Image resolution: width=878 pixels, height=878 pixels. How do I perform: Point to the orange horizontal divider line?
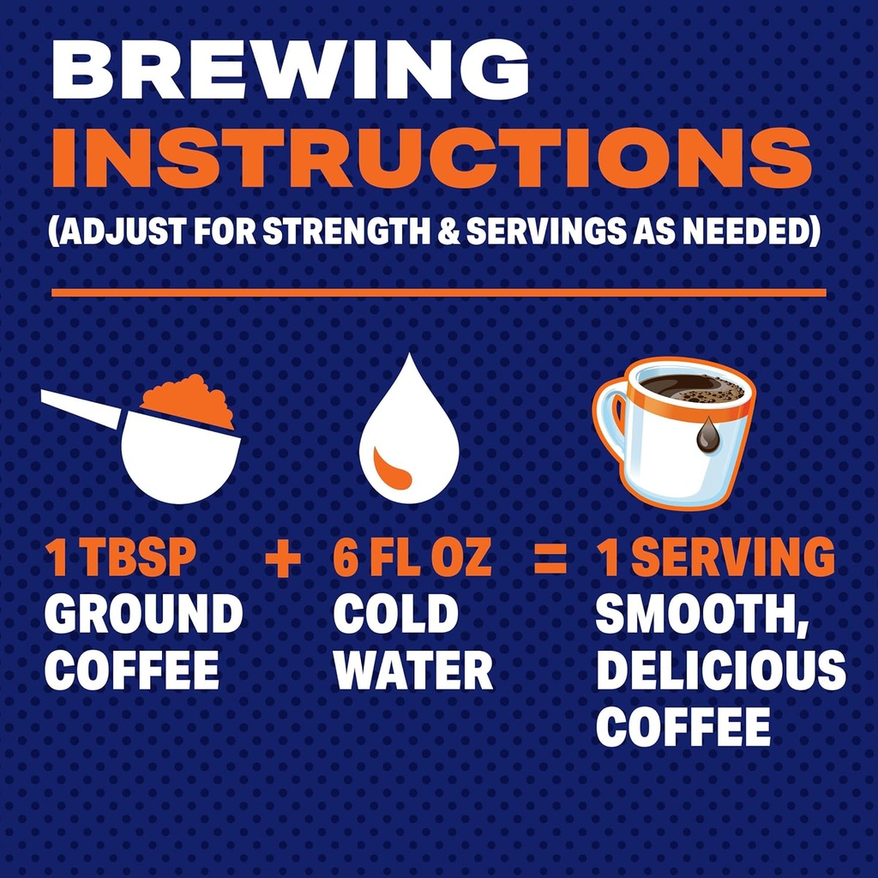tap(438, 293)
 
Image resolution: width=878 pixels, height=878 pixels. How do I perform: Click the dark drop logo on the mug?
tap(707, 436)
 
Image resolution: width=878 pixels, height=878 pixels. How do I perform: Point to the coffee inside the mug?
tap(693, 388)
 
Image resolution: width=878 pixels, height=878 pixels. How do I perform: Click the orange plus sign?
tap(282, 561)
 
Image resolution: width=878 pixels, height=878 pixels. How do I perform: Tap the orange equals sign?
tap(550, 561)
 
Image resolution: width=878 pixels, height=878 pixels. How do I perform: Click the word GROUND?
tap(143, 615)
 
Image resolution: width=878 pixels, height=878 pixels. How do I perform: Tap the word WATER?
tap(413, 671)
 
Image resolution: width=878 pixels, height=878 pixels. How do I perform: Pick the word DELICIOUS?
tap(720, 671)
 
